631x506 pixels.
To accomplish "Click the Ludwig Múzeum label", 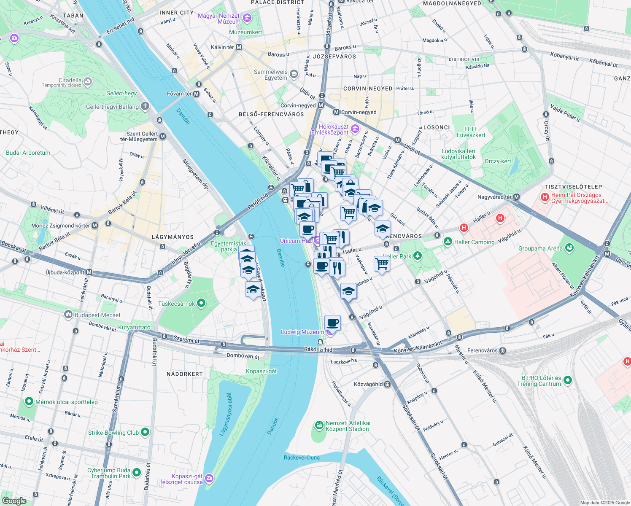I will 302,332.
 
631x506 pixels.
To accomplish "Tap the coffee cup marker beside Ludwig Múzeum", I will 332,323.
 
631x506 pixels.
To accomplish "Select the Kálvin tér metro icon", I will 239,47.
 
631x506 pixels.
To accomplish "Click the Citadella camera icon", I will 88,82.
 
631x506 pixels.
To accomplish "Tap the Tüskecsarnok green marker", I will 201,303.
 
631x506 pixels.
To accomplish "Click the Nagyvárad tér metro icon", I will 517,197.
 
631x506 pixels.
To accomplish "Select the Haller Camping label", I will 474,242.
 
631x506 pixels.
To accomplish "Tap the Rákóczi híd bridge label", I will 318,350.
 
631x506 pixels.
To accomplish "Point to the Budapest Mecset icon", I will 68,315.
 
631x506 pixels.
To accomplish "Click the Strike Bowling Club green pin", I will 145,432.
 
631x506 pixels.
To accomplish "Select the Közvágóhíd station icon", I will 388,384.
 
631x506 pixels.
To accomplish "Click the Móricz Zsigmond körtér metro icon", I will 94,226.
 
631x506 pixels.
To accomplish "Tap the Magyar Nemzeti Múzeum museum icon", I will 247,18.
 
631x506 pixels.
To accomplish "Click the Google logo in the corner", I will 14,501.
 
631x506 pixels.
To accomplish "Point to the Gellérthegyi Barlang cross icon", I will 145,106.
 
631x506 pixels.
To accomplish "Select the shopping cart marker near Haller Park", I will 382,264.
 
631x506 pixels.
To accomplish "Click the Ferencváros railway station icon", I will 502,350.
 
